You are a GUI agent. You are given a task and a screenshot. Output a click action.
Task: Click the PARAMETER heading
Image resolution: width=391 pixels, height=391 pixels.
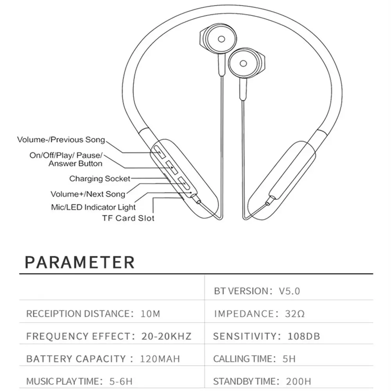tap(80, 262)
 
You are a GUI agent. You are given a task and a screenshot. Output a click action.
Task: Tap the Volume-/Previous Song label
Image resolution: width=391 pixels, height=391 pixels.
tap(61, 140)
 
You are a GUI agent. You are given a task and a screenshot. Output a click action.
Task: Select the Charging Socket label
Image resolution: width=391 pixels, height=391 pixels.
tap(100, 179)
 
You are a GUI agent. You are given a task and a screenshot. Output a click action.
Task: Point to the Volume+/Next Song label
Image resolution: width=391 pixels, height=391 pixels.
tap(88, 194)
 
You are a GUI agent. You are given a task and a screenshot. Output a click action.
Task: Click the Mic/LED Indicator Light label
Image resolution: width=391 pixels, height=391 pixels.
tap(93, 207)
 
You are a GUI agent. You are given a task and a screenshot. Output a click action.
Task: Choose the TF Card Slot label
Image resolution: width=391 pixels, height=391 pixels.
tap(128, 218)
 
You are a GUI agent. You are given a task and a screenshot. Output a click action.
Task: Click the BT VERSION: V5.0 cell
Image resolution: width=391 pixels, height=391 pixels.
tap(257, 291)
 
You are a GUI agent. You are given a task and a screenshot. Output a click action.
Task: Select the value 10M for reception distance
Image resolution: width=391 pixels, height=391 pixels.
tap(150, 314)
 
